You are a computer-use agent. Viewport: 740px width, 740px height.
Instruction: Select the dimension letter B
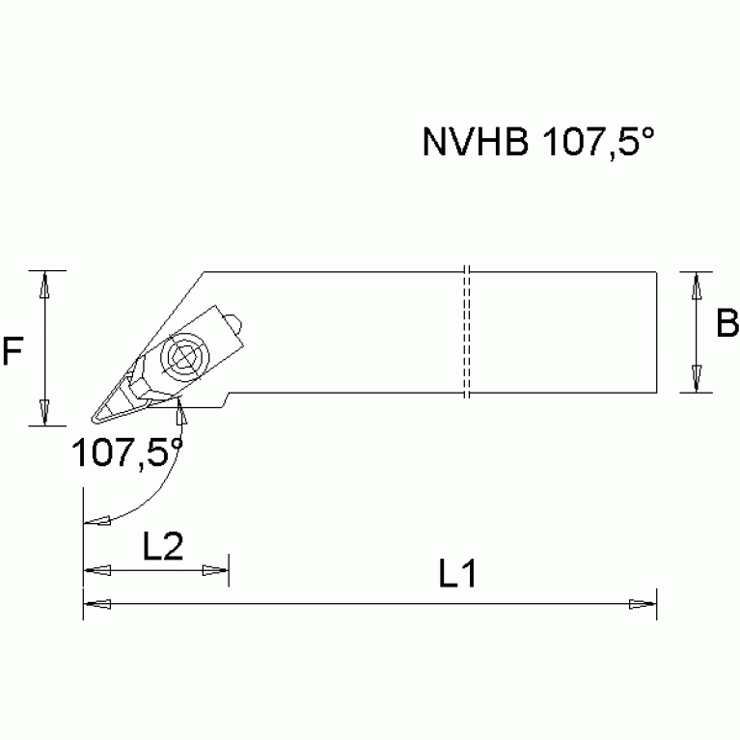(726, 325)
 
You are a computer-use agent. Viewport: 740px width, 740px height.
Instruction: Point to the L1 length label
(458, 575)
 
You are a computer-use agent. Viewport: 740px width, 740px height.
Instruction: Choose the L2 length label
(163, 547)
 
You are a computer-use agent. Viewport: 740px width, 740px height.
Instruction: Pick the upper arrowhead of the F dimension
(42, 284)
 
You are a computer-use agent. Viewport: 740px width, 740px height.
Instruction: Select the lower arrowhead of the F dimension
(42, 411)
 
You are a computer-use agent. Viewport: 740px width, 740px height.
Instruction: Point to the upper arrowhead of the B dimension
(695, 285)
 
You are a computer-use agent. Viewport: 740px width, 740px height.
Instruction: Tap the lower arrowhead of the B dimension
(695, 379)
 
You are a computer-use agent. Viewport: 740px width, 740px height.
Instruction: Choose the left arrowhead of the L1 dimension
(97, 604)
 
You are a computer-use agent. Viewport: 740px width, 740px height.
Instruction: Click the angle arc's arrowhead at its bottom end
(97, 522)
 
